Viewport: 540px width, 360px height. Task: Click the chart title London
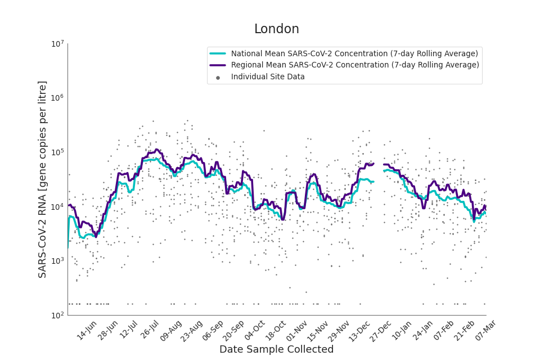[x=276, y=29]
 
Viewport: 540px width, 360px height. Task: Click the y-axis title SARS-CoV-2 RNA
[x=43, y=179]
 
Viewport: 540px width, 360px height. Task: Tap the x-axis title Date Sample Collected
[x=276, y=349]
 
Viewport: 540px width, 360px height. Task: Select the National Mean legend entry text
[x=354, y=54]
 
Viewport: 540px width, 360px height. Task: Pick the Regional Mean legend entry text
[x=355, y=65]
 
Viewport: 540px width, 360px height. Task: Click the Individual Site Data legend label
[x=268, y=77]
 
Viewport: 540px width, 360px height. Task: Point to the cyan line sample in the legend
[x=218, y=54]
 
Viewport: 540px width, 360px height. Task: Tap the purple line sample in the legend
[x=218, y=65]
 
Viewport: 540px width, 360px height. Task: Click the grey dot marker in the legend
[x=218, y=78]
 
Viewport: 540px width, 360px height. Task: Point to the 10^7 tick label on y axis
[x=57, y=44]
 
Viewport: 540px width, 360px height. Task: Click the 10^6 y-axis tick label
[x=57, y=98]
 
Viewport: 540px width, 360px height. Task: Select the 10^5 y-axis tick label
[x=57, y=152]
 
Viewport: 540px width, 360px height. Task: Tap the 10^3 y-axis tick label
[x=57, y=261]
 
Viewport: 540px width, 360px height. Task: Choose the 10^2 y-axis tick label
[x=57, y=315]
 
